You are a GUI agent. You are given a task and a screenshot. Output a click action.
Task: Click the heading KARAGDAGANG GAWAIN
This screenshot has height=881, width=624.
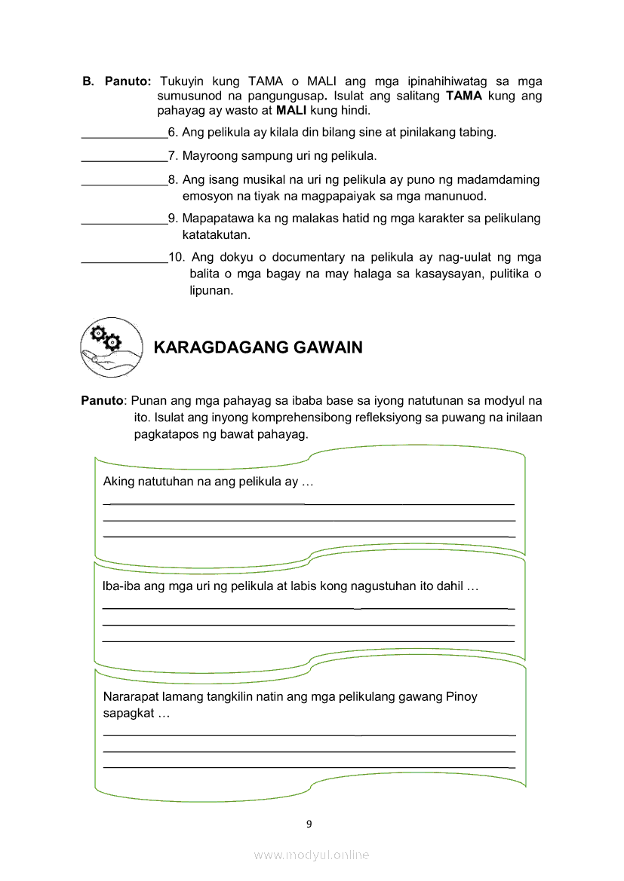coord(257,347)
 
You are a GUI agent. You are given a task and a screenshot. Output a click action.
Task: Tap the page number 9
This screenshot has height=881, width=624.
coord(309,824)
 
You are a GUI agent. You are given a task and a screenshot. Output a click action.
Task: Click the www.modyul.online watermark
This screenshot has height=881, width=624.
coord(312,855)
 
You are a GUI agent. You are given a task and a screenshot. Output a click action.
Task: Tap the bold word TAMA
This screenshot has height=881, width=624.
coord(464,96)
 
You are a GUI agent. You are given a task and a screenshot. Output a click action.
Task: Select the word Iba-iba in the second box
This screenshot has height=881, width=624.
coord(120,586)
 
